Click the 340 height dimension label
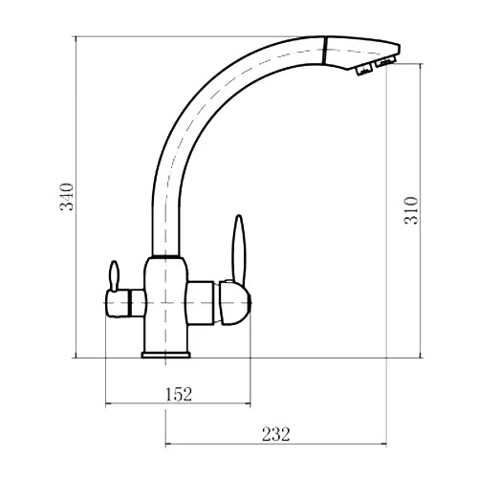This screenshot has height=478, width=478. tap(67, 197)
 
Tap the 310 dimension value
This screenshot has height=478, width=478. tap(411, 210)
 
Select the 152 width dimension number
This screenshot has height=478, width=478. tap(179, 394)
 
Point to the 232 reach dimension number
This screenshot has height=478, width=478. tap(276, 434)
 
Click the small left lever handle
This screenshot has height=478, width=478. tap(114, 275)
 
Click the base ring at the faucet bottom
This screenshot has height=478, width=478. tap(165, 355)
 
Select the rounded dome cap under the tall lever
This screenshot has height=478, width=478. tap(235, 303)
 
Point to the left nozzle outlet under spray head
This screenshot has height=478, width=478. tap(364, 69)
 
